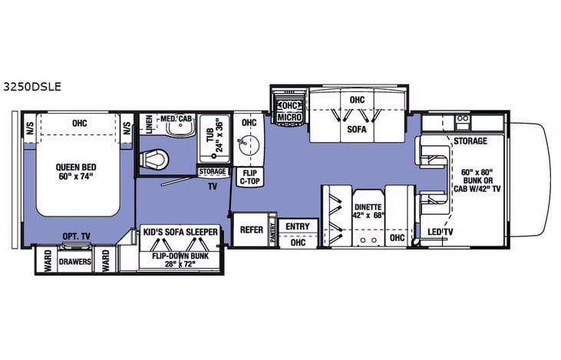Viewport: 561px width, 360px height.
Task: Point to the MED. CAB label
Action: click(176, 119)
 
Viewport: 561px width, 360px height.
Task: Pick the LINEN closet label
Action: click(148, 126)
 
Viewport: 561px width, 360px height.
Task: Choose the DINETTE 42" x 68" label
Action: click(365, 210)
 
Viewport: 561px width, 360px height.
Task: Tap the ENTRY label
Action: click(296, 226)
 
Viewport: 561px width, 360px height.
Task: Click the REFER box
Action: click(251, 230)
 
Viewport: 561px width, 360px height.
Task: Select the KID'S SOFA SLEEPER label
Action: click(180, 231)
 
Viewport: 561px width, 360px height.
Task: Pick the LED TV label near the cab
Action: click(441, 232)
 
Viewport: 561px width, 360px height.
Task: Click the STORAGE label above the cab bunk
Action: click(470, 141)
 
